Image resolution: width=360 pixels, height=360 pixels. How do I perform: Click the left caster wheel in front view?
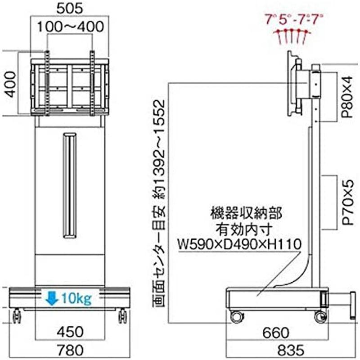[x=17, y=316]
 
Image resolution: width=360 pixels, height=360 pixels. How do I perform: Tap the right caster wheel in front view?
[x=122, y=316]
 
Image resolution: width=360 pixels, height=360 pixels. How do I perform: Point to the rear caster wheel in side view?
[x=236, y=316]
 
